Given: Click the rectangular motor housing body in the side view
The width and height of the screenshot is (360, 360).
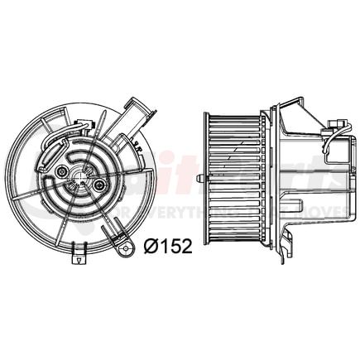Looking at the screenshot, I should tap(302, 178).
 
